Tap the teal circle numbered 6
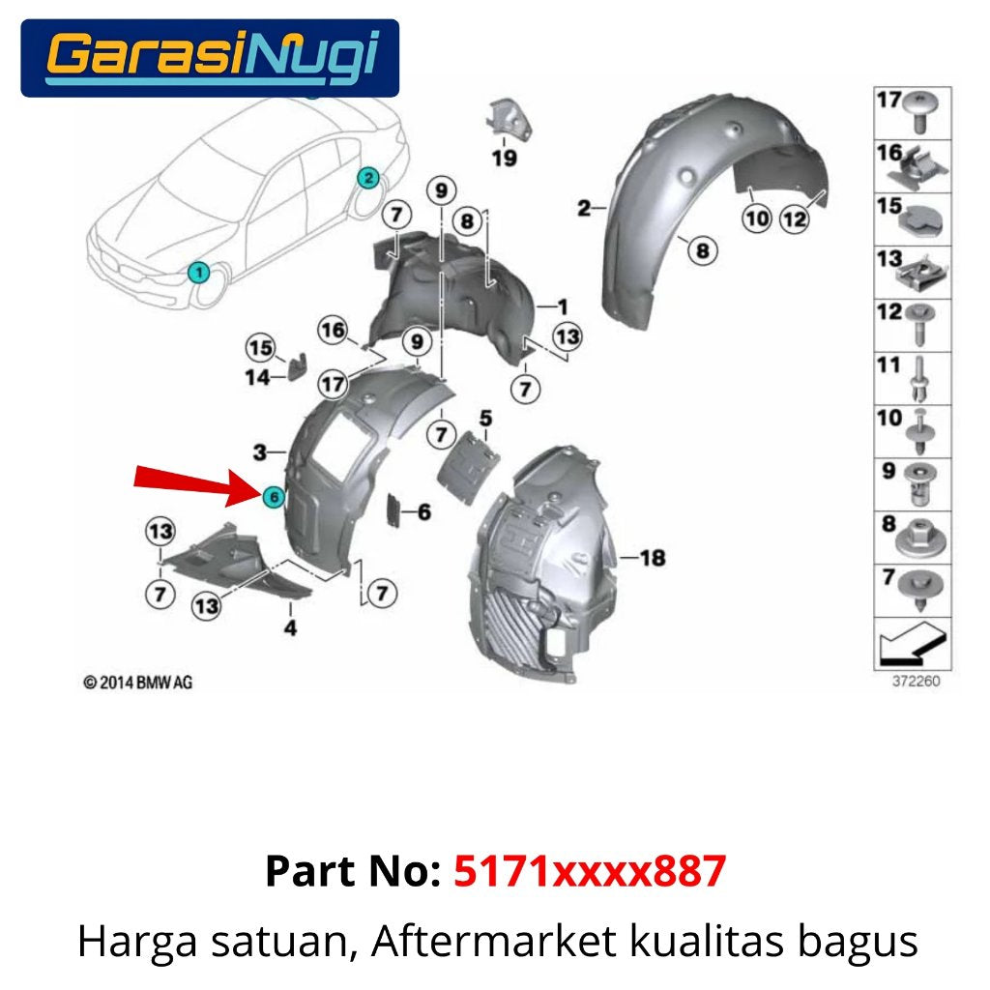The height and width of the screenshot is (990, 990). (x=274, y=497)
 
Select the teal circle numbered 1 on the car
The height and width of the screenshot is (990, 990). (x=199, y=273)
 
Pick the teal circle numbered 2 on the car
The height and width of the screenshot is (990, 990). (x=368, y=178)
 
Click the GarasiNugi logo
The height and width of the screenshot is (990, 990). (x=210, y=58)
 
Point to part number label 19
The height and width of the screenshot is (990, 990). (x=505, y=158)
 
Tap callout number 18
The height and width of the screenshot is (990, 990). (x=653, y=558)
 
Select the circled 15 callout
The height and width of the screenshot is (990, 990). (x=260, y=347)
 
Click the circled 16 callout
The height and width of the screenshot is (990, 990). (x=333, y=330)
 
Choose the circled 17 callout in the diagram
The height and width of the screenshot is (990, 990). (x=333, y=383)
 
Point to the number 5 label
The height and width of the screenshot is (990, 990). (x=485, y=418)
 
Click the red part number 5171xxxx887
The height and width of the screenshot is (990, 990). (x=590, y=871)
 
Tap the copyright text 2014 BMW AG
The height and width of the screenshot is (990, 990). (x=137, y=683)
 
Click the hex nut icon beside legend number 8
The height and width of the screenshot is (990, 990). (x=920, y=538)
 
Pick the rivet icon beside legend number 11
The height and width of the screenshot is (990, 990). (x=920, y=378)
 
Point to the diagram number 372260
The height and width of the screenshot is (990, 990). (x=916, y=681)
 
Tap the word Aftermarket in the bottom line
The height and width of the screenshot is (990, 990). (x=493, y=941)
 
